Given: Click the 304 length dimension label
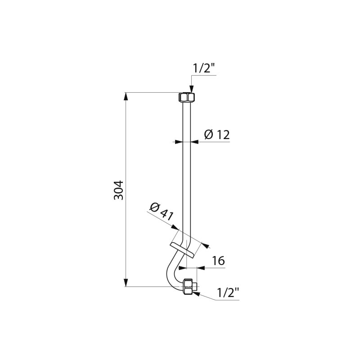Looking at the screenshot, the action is pyautogui.click(x=119, y=190).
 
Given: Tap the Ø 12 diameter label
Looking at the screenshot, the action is pyautogui.click(x=217, y=134).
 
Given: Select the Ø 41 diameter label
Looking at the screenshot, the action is pyautogui.click(x=162, y=211).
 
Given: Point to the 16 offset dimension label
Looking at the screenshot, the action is pyautogui.click(x=218, y=261).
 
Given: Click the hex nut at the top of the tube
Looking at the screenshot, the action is pyautogui.click(x=187, y=97).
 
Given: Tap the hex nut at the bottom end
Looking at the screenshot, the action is pyautogui.click(x=189, y=287).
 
